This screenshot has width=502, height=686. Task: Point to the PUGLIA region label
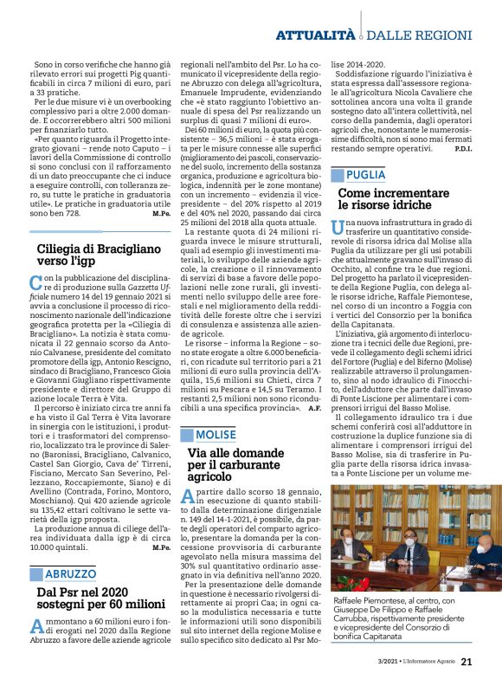368,174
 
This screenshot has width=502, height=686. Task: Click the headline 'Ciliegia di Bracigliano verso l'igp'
87,256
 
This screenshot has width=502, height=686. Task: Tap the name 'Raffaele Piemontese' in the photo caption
369,600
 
